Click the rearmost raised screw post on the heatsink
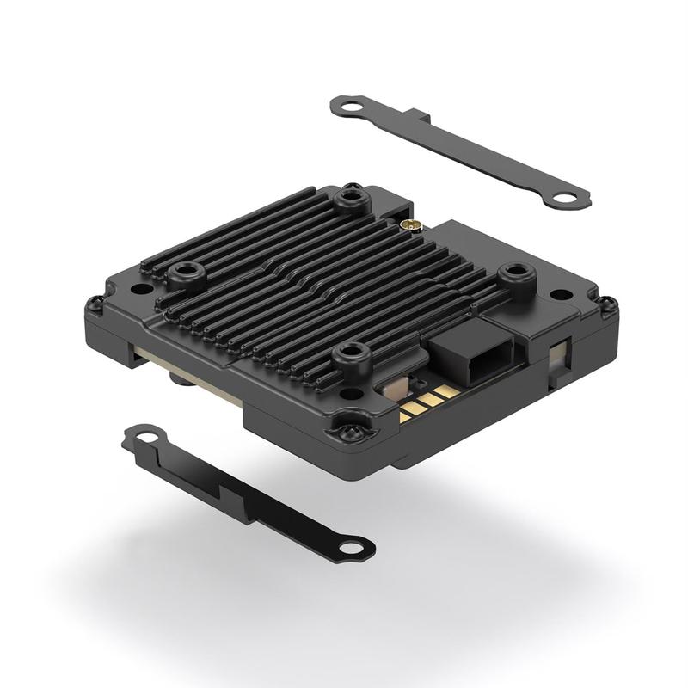click(x=351, y=200)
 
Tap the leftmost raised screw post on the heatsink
click(x=183, y=274)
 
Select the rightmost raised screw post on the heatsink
click(x=515, y=274)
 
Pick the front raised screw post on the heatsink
click(x=349, y=353)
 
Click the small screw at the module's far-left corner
click(x=95, y=302)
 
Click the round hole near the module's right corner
click(x=561, y=294)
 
